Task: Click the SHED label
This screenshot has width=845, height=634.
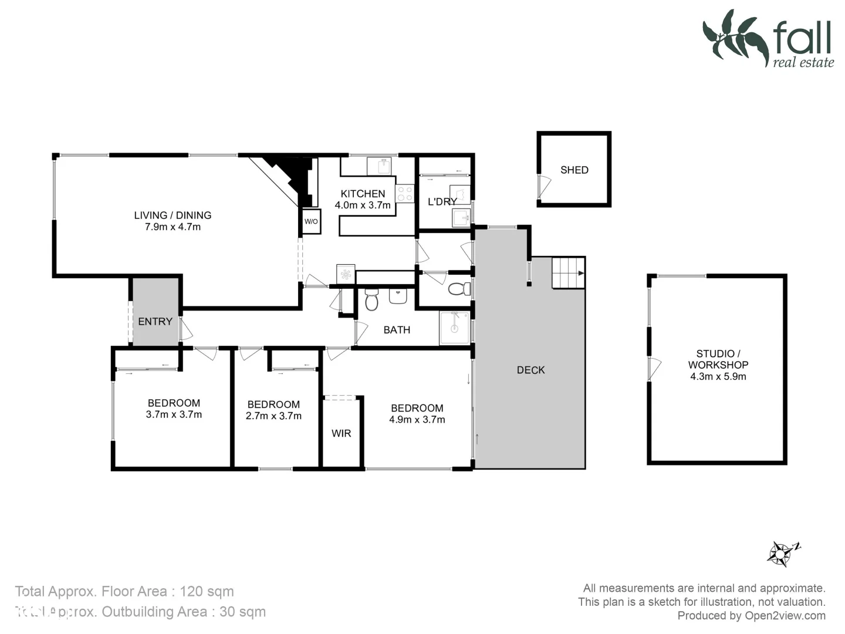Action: pos(574,170)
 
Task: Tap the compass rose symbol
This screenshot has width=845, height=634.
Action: pos(782,553)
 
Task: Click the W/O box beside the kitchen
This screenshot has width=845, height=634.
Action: pos(310,221)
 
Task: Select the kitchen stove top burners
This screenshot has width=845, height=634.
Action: pos(405,194)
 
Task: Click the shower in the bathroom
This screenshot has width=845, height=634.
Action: pos(455,328)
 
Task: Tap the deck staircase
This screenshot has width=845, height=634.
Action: pos(568,273)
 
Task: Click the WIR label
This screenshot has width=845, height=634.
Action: pos(341,433)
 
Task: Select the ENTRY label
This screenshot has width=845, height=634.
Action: pos(155,322)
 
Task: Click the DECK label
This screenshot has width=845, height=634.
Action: pos(530,370)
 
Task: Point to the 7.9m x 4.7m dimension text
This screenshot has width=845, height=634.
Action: pos(173,227)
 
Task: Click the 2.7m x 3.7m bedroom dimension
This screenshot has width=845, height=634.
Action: pos(273,416)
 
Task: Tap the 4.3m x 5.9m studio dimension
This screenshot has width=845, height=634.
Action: pos(718,377)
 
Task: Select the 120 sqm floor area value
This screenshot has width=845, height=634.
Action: pos(207,592)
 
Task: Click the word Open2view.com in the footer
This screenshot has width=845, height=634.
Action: pos(785,616)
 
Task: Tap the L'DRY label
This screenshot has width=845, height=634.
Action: pos(442,202)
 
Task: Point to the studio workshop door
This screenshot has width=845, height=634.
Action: pos(653,368)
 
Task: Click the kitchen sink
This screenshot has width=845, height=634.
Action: pos(379,166)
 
